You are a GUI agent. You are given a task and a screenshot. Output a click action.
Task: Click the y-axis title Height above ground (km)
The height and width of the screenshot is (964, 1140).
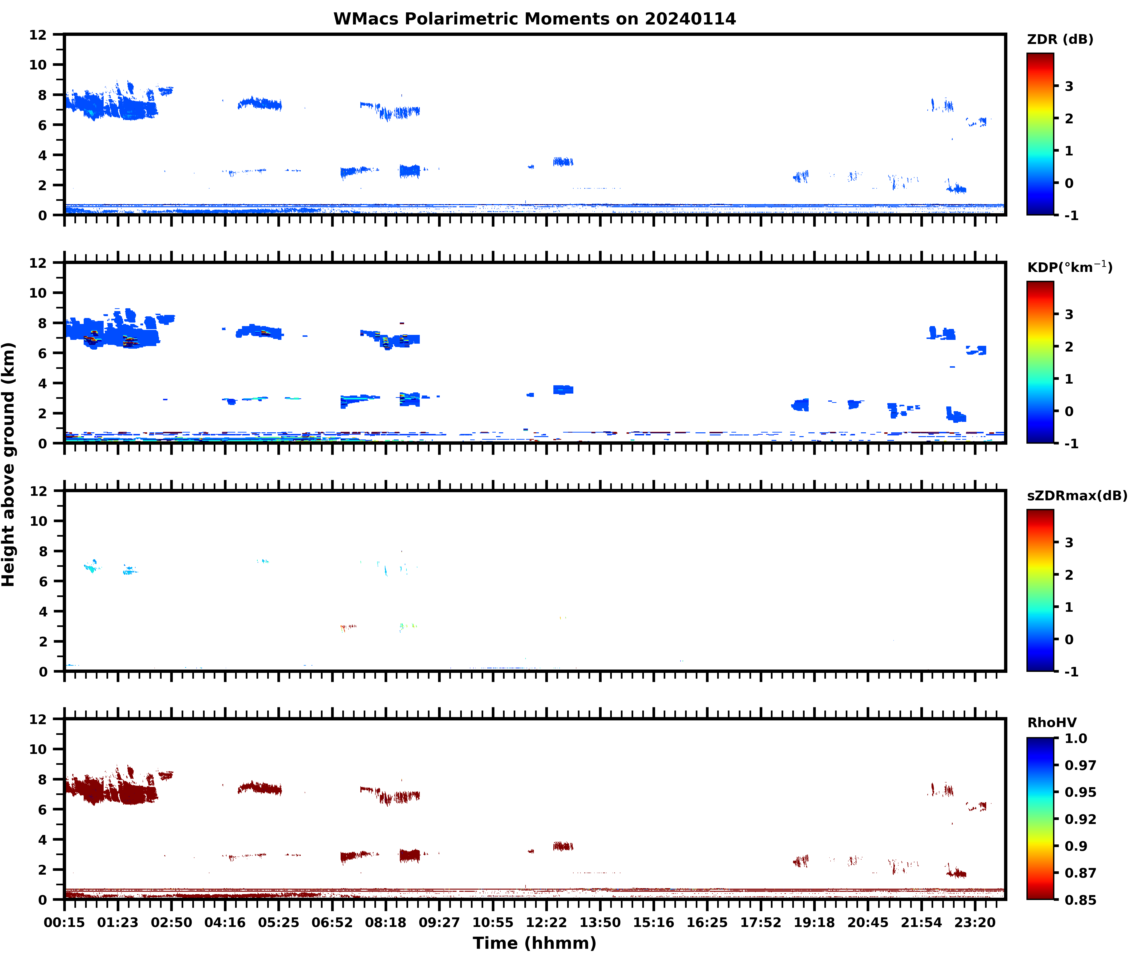(x=9, y=464)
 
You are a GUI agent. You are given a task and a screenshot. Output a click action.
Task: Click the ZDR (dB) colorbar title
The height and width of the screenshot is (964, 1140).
(x=1060, y=39)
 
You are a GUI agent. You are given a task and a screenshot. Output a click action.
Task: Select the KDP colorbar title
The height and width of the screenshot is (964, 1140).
(x=1069, y=267)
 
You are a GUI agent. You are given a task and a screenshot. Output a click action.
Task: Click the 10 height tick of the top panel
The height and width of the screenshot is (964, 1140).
(x=38, y=64)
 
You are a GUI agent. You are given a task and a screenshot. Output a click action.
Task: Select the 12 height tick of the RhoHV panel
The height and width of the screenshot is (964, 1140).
(x=38, y=719)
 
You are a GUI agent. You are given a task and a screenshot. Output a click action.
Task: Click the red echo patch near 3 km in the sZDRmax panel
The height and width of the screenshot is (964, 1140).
(x=348, y=626)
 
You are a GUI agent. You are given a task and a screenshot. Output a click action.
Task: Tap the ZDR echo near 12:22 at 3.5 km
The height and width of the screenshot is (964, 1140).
(x=563, y=162)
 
